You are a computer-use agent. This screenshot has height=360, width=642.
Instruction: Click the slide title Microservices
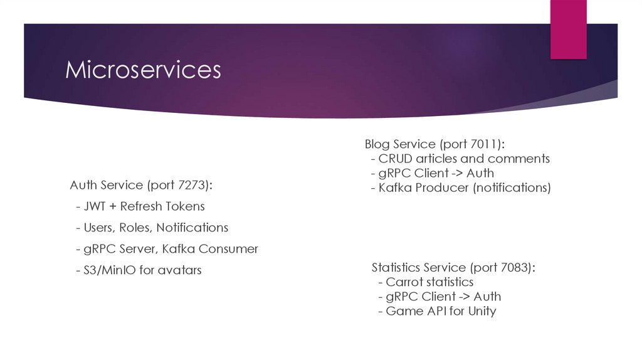point(144,70)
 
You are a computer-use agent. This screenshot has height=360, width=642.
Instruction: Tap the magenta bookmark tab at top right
point(568,28)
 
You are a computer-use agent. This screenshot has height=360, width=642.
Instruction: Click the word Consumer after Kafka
point(228,249)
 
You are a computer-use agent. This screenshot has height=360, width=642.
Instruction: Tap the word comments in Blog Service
point(518,159)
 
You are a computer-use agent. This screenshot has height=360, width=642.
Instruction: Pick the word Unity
point(481,311)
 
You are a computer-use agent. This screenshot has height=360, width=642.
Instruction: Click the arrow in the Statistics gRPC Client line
point(463,297)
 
